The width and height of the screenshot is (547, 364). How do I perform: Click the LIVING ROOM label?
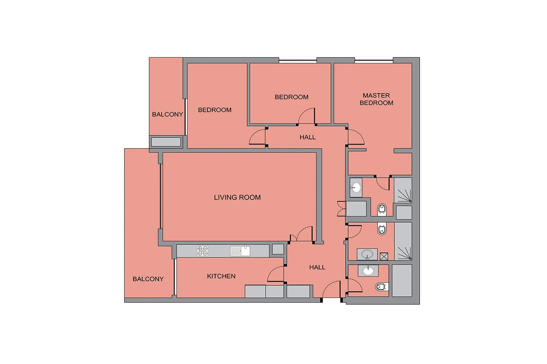[x=237, y=197]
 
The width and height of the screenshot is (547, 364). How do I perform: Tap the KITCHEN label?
[x=221, y=276]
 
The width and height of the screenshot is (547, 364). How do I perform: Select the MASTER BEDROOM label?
[x=376, y=99]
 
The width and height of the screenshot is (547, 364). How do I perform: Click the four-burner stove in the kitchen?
[x=202, y=251]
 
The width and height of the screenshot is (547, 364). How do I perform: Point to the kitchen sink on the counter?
[x=240, y=251]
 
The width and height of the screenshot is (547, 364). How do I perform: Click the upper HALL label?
[x=308, y=137]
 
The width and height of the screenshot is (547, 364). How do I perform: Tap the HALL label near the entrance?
[x=317, y=267]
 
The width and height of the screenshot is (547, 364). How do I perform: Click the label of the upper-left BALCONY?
[x=167, y=114]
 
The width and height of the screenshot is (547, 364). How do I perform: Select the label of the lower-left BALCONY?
[x=148, y=279]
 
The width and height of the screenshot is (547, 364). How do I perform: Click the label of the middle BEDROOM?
[x=292, y=97]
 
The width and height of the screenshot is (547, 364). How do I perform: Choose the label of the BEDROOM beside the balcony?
[x=215, y=110]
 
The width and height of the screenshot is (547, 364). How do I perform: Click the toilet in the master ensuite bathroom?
[x=382, y=210]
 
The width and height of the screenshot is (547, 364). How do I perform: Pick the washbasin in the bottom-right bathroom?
[x=368, y=270]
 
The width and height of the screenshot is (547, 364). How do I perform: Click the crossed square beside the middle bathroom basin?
[x=384, y=256]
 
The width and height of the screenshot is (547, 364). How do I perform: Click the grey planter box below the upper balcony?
[x=166, y=142]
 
